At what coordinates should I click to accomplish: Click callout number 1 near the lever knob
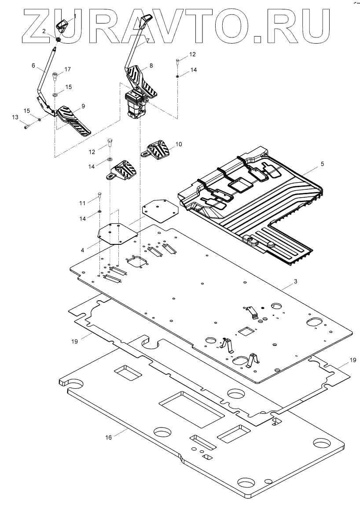point(74,16)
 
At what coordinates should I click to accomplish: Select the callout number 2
point(44,31)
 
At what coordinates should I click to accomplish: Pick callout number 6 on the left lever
point(33,66)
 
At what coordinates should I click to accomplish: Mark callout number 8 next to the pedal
point(151,65)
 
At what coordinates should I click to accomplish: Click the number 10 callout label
point(179,144)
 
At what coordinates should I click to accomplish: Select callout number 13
point(15,117)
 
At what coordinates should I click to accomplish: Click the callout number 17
point(68,69)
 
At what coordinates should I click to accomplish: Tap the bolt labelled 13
point(27,126)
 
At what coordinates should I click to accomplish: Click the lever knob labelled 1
point(62,25)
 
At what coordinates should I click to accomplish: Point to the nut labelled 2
point(58,40)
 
